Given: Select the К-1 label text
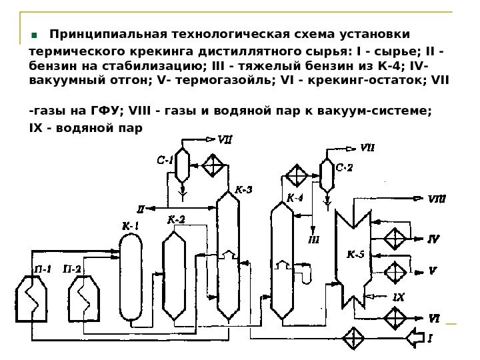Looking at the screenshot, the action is (130, 226).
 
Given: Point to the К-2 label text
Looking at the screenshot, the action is (176, 219).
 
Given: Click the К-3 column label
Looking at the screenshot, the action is (243, 189).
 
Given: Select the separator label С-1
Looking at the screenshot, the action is (165, 160).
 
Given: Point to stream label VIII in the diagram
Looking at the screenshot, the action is (437, 198).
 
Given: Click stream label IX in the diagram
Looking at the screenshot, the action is (398, 297).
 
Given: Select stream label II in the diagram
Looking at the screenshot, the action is (141, 207).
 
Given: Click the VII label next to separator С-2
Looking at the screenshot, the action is (367, 148).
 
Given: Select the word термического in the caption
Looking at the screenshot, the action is (73, 52).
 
